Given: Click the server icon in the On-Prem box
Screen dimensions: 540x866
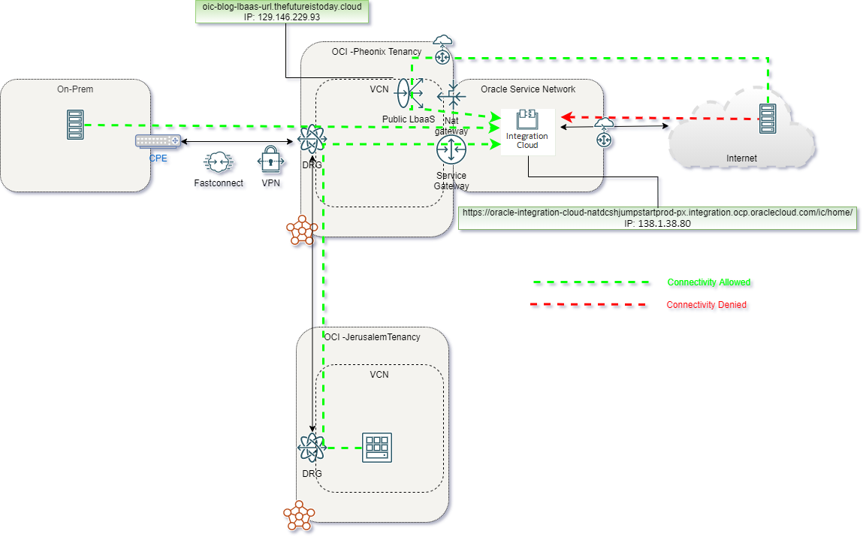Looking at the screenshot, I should (x=74, y=125).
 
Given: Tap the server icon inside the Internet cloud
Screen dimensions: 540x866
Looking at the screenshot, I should (x=768, y=119).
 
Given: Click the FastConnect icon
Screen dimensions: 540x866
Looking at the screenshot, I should (x=218, y=163).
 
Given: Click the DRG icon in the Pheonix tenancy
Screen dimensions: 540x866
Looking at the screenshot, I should (x=311, y=138).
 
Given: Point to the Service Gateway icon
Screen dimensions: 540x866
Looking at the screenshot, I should (x=451, y=150).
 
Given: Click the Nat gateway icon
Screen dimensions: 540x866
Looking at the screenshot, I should (x=452, y=97).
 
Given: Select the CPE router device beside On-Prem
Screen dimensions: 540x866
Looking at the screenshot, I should (x=158, y=140).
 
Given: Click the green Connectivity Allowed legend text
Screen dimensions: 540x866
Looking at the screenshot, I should (x=709, y=282).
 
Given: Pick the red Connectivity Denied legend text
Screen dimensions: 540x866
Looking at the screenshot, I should (x=707, y=305).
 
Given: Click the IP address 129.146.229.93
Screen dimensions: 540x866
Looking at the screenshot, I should (x=282, y=16).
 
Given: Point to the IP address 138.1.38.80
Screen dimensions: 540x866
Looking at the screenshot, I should (x=657, y=223).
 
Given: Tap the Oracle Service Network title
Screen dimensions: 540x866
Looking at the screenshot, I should (x=528, y=89).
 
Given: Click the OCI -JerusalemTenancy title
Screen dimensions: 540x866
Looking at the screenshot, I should (x=373, y=337).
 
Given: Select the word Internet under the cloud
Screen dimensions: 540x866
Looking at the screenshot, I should (x=741, y=158).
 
